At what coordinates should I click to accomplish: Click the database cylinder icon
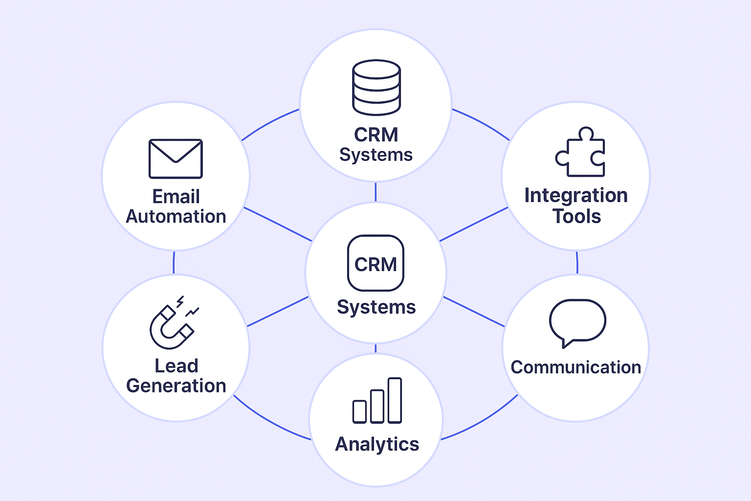(376, 87)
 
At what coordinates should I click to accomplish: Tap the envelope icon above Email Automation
(176, 159)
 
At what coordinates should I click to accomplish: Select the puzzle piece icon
(581, 153)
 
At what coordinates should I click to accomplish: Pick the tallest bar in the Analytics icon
(394, 400)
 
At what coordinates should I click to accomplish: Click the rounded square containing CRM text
(375, 263)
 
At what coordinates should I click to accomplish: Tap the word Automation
(176, 216)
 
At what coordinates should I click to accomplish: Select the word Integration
(576, 195)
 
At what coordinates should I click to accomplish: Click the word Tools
(576, 216)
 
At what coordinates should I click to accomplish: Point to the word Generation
(176, 386)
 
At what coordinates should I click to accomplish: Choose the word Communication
(576, 367)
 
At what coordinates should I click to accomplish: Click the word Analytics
(377, 444)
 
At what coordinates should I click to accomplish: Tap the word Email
(176, 196)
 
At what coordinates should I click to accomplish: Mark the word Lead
(176, 365)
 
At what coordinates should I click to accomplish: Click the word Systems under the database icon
(376, 155)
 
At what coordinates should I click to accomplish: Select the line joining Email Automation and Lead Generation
(174, 263)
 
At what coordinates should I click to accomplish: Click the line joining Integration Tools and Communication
(577, 263)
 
